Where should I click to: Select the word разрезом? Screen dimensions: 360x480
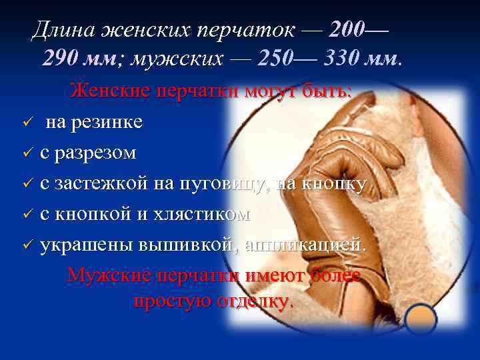pos(99,153)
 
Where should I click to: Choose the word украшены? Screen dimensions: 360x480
pos(87,245)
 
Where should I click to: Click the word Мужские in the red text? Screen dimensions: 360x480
pos(109,275)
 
